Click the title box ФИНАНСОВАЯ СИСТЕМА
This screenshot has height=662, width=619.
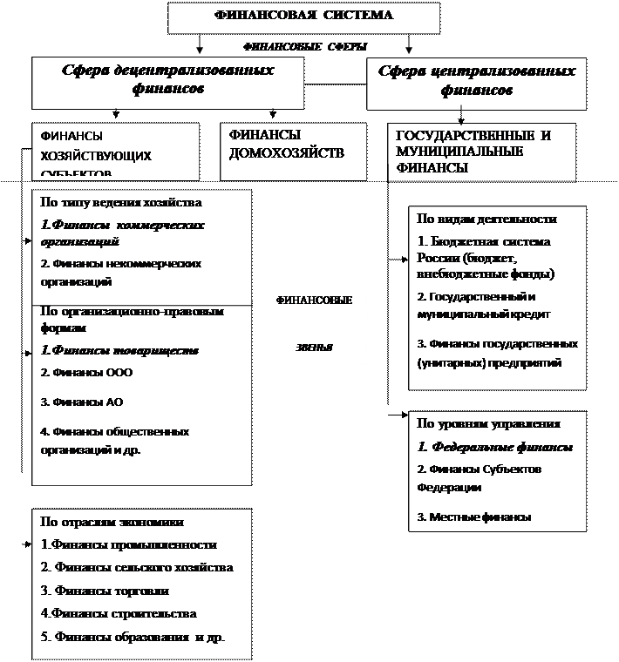tap(303, 16)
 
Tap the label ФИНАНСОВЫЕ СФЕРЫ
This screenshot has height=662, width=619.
tap(303, 46)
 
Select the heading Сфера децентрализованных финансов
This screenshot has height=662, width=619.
tap(168, 79)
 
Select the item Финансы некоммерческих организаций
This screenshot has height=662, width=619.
tap(121, 273)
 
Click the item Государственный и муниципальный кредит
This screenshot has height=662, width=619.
tap(484, 305)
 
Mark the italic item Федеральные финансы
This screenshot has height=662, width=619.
tap(495, 447)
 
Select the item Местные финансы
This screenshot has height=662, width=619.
tap(474, 517)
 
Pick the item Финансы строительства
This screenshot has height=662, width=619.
tap(119, 613)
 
